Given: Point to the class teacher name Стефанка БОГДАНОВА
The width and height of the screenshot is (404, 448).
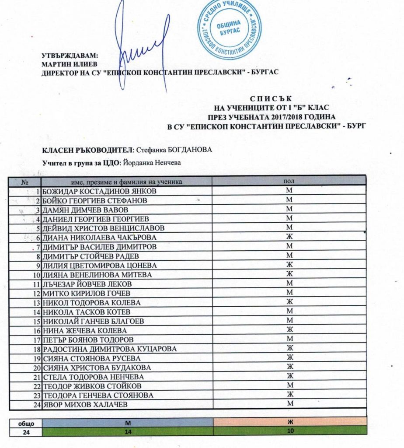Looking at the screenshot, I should [174, 150].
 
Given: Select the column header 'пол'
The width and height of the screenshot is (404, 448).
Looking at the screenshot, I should [289, 181].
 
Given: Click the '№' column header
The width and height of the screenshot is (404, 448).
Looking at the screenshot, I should [25, 181].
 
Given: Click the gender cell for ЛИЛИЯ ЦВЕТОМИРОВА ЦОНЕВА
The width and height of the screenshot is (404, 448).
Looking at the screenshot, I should [289, 266].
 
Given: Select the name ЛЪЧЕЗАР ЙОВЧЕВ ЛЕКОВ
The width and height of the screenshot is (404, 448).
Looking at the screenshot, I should [85, 284].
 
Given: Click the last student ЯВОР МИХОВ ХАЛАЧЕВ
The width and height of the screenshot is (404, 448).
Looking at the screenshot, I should [85, 405].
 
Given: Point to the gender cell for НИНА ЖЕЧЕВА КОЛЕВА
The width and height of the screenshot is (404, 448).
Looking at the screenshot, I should [289, 330].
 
